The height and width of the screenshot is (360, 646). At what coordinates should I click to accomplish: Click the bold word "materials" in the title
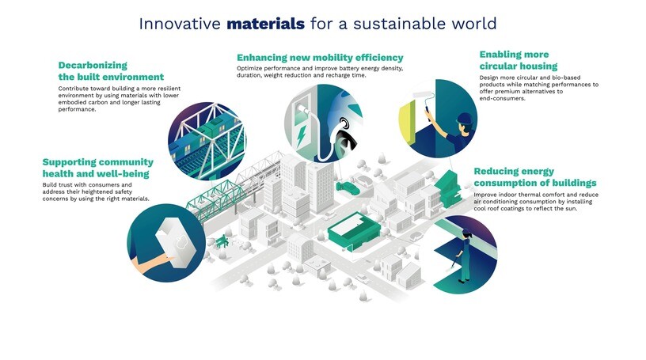265,23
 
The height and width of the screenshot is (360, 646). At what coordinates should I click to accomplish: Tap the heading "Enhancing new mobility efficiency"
320,58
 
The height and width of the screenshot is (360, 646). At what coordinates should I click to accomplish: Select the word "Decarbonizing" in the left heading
93,65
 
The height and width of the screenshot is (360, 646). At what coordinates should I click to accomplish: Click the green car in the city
347,188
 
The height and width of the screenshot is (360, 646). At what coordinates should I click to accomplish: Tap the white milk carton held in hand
175,238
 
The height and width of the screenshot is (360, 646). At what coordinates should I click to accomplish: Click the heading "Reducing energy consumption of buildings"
534,177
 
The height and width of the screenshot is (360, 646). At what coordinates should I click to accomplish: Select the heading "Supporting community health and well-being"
97,168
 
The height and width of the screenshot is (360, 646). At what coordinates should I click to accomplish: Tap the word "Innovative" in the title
180,23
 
